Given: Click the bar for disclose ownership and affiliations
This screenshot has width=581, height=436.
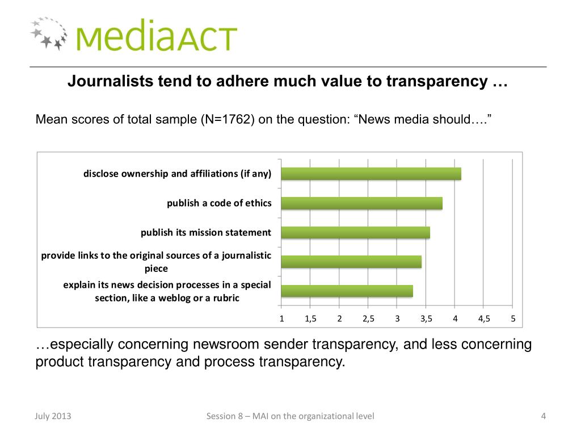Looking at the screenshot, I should [371, 174].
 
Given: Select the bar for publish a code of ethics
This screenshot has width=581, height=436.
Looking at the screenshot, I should [361, 203].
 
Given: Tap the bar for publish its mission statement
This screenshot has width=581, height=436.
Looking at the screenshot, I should [355, 232].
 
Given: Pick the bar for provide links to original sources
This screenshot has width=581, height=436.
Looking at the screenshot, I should [351, 262].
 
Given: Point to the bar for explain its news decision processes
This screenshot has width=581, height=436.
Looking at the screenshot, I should [347, 291].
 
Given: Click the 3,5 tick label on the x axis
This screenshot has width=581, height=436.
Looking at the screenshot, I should [426, 318].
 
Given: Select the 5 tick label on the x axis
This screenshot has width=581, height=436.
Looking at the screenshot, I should [513, 318].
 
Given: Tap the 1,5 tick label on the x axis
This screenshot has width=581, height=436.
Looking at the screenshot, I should [310, 318].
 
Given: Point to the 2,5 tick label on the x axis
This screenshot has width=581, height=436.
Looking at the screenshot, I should [368, 318].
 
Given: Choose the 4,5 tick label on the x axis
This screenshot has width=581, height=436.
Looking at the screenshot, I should [484, 318].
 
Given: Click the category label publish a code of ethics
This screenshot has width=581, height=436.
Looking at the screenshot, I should [219, 203].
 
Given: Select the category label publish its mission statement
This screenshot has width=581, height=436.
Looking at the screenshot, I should [206, 232].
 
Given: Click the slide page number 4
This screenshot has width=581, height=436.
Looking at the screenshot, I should [543, 417].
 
